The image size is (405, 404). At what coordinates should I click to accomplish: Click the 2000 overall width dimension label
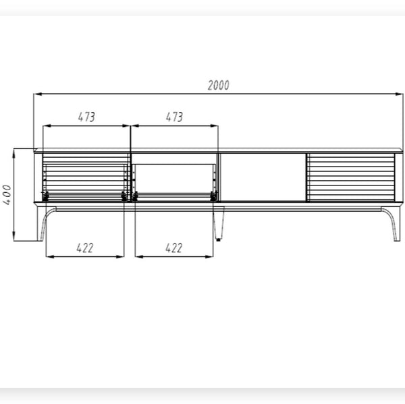pyautogui.click(x=219, y=85)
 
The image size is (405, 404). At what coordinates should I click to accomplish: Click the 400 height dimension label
pyautogui.click(x=7, y=195)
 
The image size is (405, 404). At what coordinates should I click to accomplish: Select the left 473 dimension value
pyautogui.click(x=86, y=117)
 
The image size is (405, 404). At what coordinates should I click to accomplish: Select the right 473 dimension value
pyautogui.click(x=174, y=117)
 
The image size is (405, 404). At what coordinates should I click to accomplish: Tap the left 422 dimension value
pyautogui.click(x=85, y=248)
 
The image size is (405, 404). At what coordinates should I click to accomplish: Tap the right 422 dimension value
pyautogui.click(x=174, y=248)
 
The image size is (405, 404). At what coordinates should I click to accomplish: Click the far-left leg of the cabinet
pyautogui.click(x=40, y=223)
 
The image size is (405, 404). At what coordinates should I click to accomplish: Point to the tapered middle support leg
pyautogui.click(x=219, y=222)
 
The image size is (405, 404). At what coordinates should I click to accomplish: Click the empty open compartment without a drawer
pyautogui.click(x=263, y=177)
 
